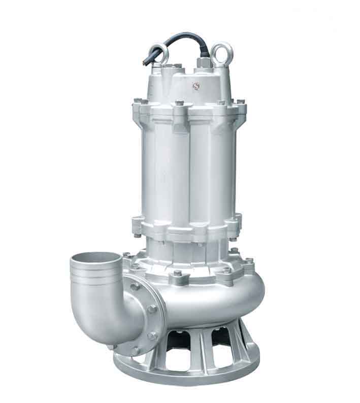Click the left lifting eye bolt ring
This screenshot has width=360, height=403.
pos(161,53)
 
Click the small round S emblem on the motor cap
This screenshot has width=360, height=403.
pos(194,86)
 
